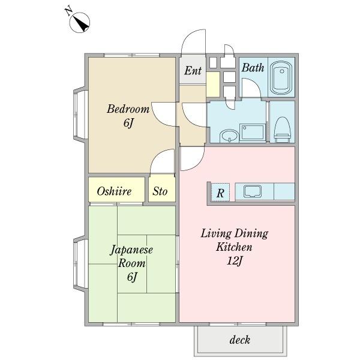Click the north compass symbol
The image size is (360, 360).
(79, 23)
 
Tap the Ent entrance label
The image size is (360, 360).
(193, 71)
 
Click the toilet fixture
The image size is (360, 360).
(282, 130)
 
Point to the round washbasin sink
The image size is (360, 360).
(229, 136)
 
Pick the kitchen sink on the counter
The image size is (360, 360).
(253, 191)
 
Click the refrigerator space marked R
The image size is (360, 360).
(220, 193)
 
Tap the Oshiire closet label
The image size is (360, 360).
(114, 191)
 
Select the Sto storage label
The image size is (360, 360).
(160, 191)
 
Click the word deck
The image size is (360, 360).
(239, 340)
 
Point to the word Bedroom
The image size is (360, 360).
(128, 109)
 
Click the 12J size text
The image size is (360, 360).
(235, 260)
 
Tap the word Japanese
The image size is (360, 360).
(131, 250)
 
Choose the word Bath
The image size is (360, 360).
(253, 67)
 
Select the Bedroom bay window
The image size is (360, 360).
(80, 115)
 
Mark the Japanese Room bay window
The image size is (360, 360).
(80, 263)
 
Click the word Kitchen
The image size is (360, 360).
(234, 247)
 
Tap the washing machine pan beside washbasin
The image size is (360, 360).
(253, 133)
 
